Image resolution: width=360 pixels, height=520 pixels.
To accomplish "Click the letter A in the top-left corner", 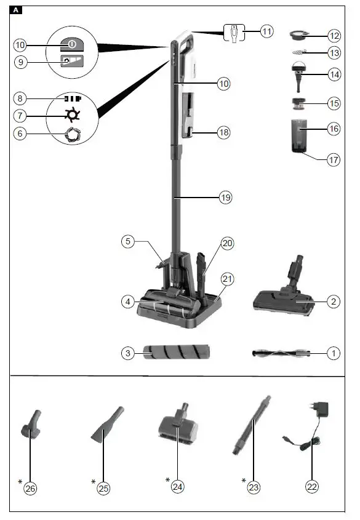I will tap(17, 10).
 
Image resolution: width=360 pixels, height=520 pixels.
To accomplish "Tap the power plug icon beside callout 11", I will tap(234, 31).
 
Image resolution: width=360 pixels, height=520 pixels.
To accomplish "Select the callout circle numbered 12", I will tap(334, 35).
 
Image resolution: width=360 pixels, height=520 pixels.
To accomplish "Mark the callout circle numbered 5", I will tap(127, 242).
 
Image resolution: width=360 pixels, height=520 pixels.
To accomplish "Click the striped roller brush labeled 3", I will tap(175, 353).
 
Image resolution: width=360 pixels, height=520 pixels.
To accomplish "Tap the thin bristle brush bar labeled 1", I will tap(280, 353).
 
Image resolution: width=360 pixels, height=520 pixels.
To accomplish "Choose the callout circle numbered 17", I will tap(334, 159).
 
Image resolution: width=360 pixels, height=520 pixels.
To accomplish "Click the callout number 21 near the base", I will tap(228, 279).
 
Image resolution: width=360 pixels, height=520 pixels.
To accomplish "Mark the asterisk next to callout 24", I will tap(168, 479).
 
